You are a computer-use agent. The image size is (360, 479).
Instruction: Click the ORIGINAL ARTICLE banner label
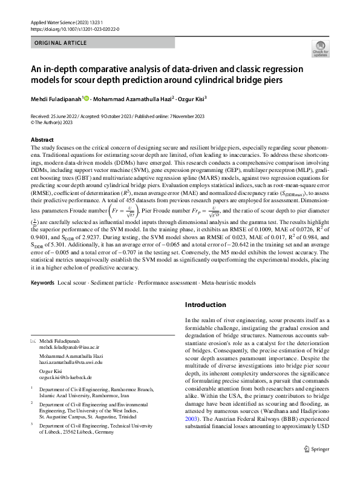61,44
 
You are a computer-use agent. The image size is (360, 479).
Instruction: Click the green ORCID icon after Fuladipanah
86,98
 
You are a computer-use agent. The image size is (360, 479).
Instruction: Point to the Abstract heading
41,140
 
